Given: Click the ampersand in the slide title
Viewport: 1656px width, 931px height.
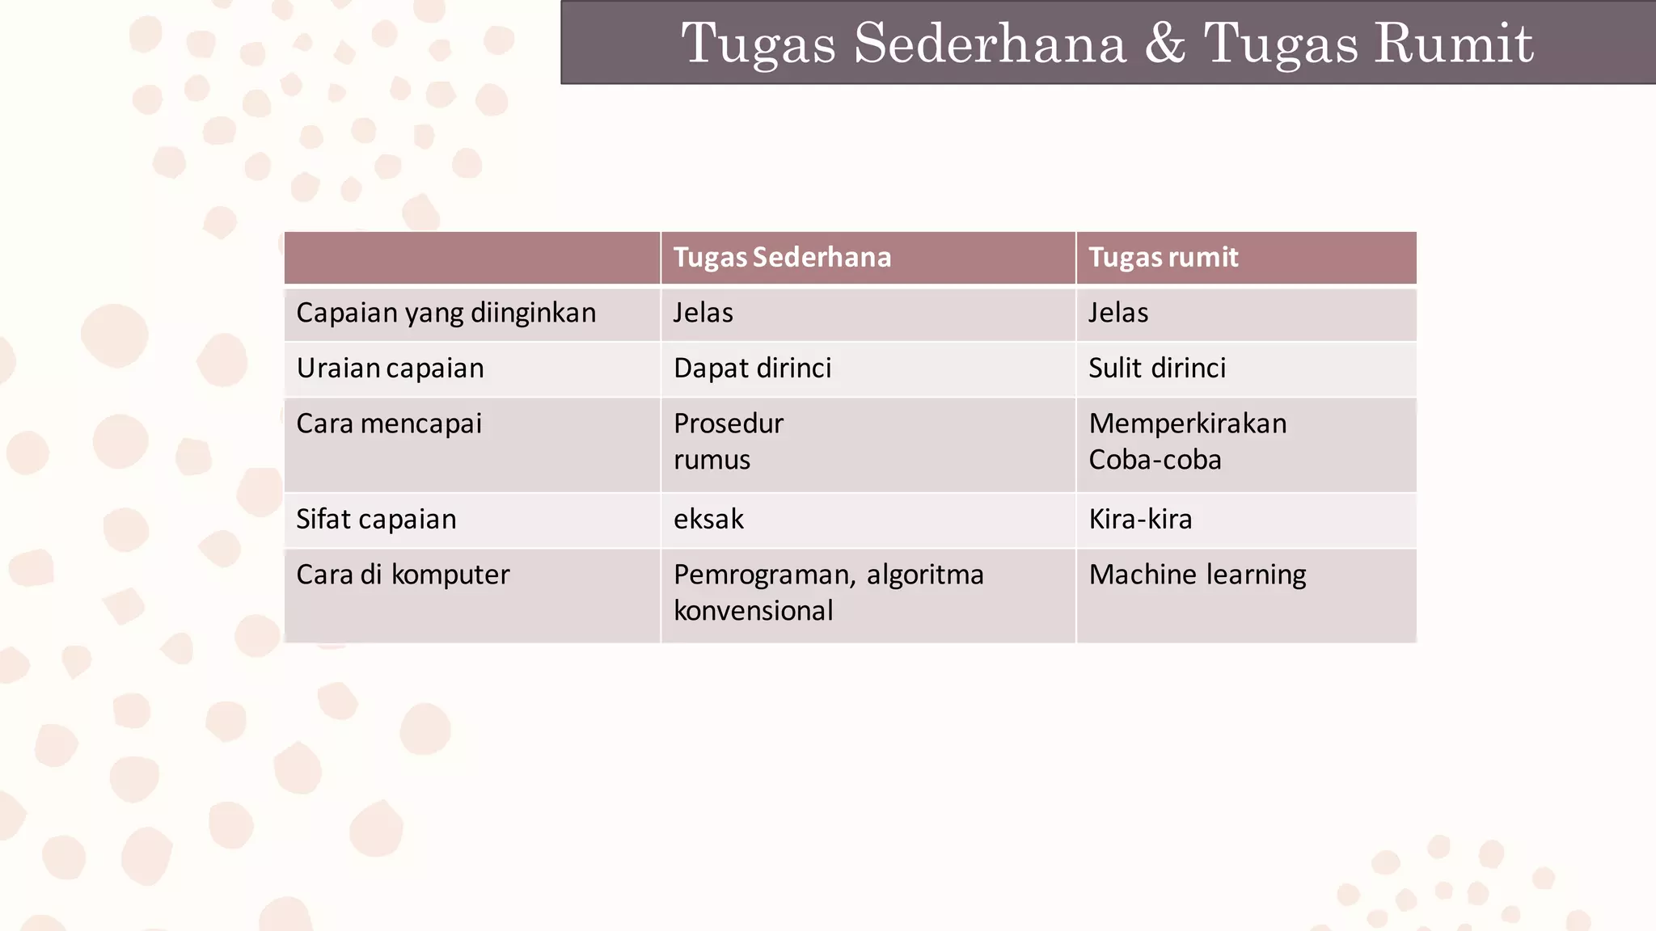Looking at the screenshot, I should (1164, 43).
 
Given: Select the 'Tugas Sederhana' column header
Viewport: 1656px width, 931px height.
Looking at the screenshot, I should (782, 257).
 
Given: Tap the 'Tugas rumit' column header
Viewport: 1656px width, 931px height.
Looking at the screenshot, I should (1163, 257).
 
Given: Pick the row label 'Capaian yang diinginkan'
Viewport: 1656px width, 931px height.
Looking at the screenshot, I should (446, 313).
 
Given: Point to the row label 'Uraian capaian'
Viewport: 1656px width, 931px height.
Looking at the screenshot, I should (390, 369).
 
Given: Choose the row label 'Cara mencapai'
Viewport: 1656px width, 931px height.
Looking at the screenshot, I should (389, 423).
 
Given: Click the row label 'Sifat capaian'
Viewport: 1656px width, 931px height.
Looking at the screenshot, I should (376, 519).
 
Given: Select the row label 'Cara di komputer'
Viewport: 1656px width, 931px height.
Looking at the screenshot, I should (403, 575).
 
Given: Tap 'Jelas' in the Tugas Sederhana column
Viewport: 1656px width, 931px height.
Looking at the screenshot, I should (703, 313).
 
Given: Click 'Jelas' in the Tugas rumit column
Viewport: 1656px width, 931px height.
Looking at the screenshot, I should (1117, 313).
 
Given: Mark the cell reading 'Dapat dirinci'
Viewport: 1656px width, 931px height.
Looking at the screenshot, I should (752, 369).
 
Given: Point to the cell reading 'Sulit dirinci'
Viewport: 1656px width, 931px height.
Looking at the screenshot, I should (1156, 369).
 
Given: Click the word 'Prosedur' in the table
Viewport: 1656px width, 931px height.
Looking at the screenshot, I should (729, 423).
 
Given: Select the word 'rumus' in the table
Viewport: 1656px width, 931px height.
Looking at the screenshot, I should (712, 460).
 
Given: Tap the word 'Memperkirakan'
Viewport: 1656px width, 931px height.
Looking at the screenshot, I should (1187, 423).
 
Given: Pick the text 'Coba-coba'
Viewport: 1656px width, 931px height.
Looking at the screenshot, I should (1155, 460).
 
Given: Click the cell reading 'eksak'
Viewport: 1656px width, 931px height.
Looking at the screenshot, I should (708, 519).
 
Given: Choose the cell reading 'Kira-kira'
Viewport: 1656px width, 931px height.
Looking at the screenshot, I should (1140, 519).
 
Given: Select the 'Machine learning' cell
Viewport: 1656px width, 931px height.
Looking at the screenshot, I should (1197, 575).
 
